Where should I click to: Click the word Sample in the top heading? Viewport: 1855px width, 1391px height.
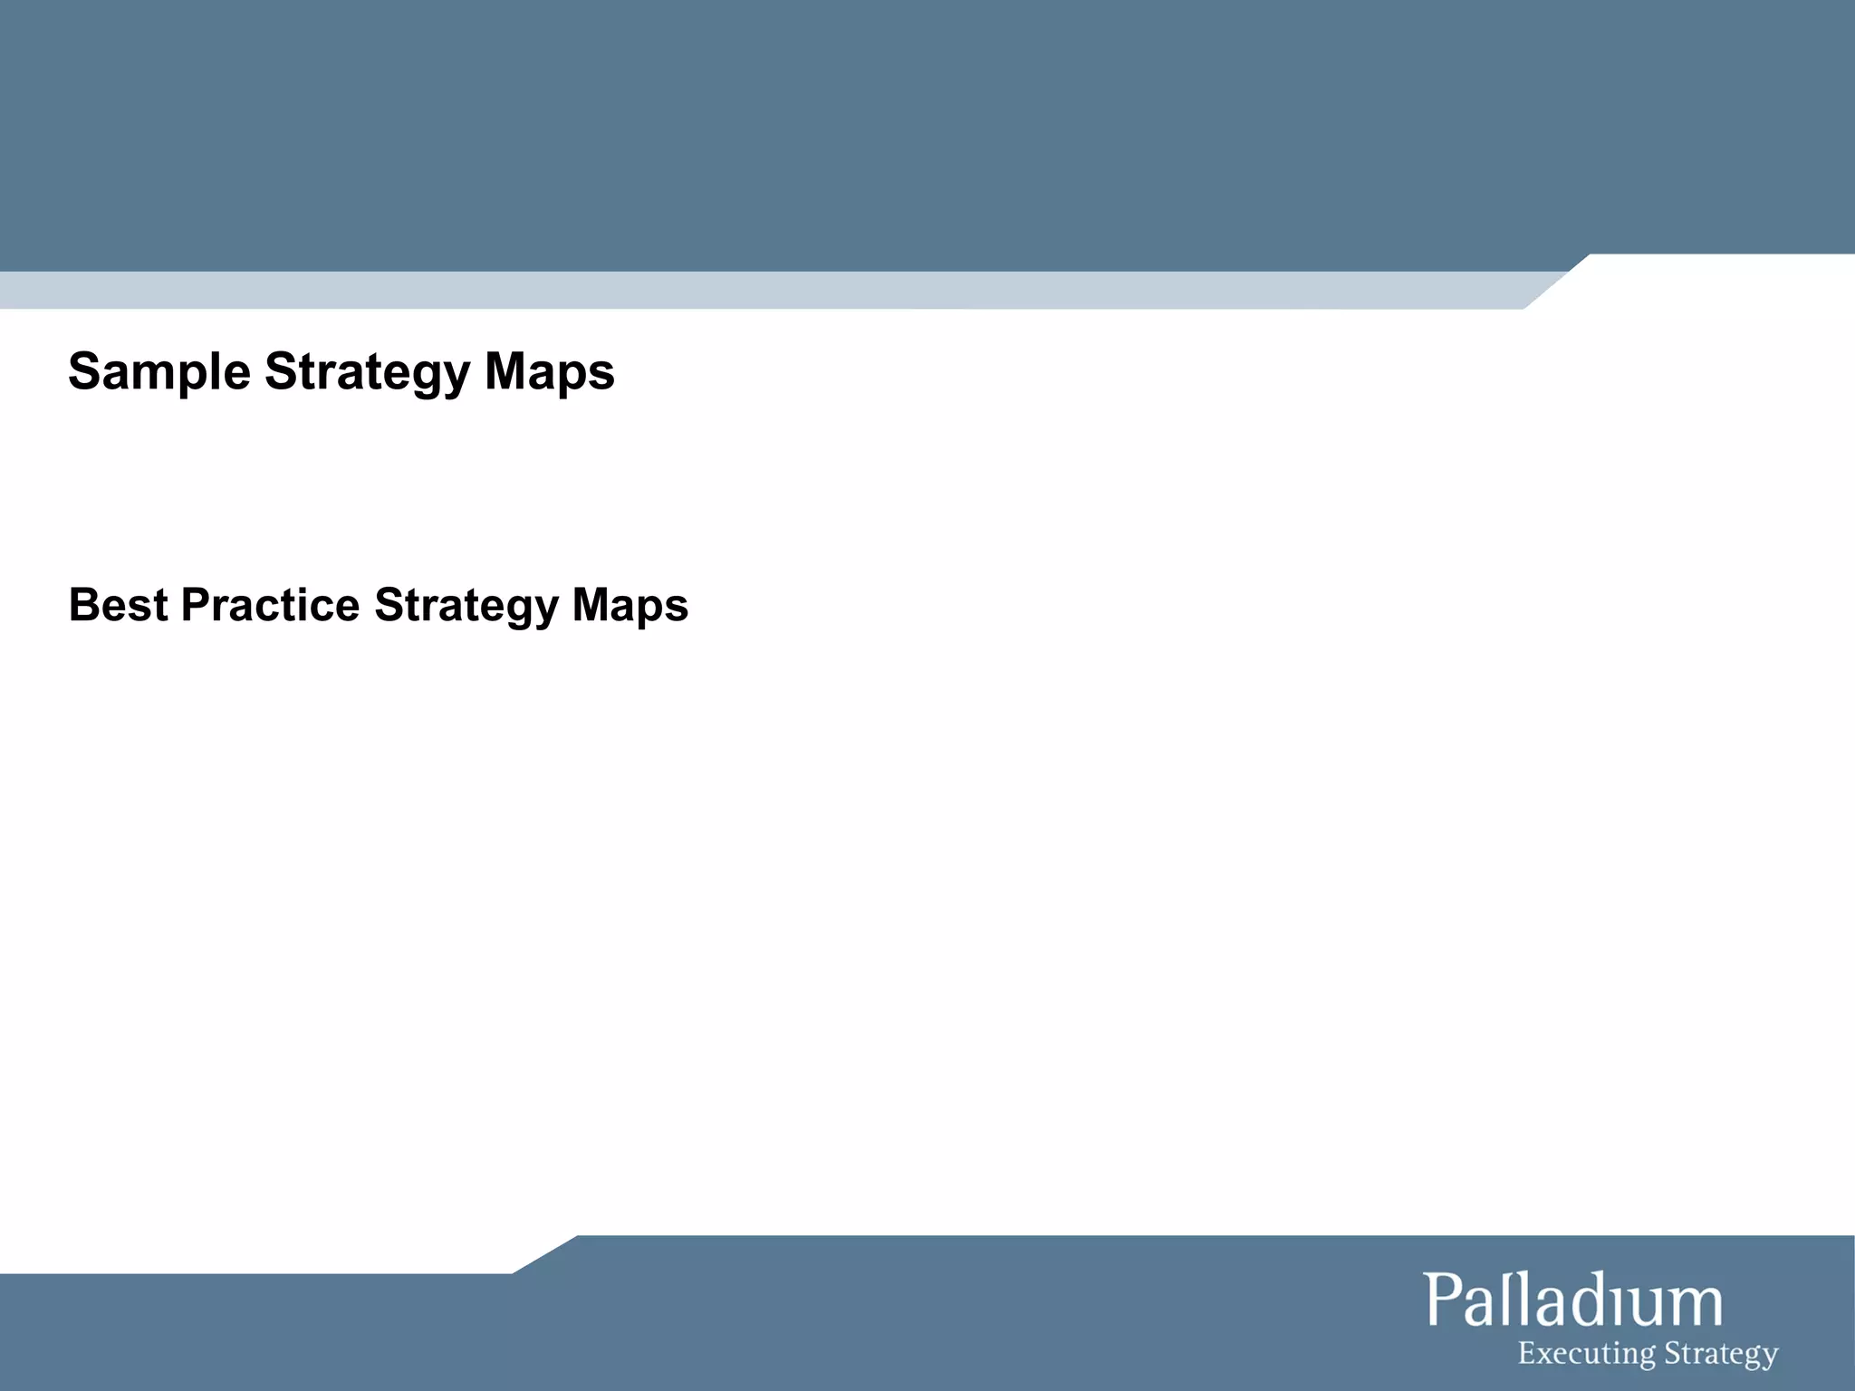(159, 372)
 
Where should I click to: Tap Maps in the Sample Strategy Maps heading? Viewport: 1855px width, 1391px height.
(549, 372)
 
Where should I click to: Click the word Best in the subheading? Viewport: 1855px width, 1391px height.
(118, 605)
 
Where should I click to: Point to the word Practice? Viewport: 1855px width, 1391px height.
(270, 605)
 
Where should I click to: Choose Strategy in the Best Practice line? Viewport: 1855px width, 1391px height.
(466, 605)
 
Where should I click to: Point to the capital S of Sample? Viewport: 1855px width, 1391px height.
(84, 372)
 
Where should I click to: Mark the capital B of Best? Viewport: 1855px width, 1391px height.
(83, 605)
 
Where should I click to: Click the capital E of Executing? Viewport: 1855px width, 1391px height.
(1526, 1353)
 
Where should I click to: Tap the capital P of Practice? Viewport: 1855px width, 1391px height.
(196, 605)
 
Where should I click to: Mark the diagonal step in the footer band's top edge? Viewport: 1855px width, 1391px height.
(544, 1254)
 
